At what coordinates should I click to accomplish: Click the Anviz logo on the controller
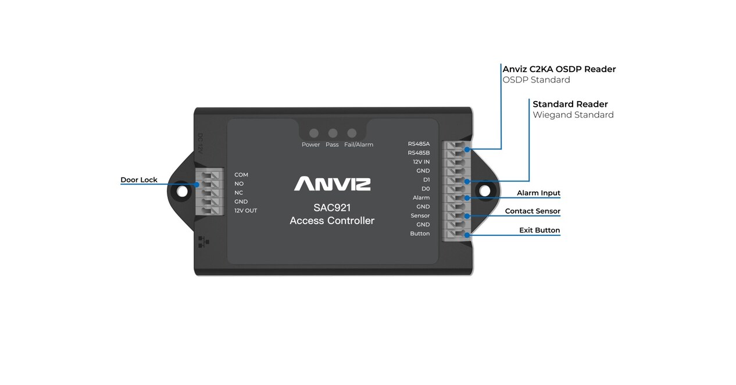pyautogui.click(x=332, y=184)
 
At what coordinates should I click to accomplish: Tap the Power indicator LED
pyautogui.click(x=314, y=133)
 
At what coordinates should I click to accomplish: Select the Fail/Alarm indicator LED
pyautogui.click(x=352, y=133)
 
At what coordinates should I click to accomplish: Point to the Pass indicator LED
pyautogui.click(x=333, y=133)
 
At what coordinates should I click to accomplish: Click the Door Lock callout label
pyautogui.click(x=139, y=180)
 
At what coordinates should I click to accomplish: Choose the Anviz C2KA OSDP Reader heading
pyautogui.click(x=559, y=69)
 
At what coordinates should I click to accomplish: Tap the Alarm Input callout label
pyautogui.click(x=538, y=193)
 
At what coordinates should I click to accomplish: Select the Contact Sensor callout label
pyautogui.click(x=532, y=211)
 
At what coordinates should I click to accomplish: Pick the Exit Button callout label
pyautogui.click(x=539, y=231)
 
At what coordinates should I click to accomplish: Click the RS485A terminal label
pyautogui.click(x=419, y=144)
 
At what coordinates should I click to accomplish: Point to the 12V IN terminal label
pyautogui.click(x=420, y=162)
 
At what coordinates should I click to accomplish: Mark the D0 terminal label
pyautogui.click(x=426, y=189)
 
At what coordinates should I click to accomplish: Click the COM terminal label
pyautogui.click(x=241, y=175)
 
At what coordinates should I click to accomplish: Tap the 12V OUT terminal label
pyautogui.click(x=245, y=211)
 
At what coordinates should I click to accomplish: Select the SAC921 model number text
pyautogui.click(x=332, y=207)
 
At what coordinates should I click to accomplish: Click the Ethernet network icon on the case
pyautogui.click(x=201, y=242)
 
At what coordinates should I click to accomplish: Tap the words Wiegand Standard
pyautogui.click(x=573, y=115)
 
